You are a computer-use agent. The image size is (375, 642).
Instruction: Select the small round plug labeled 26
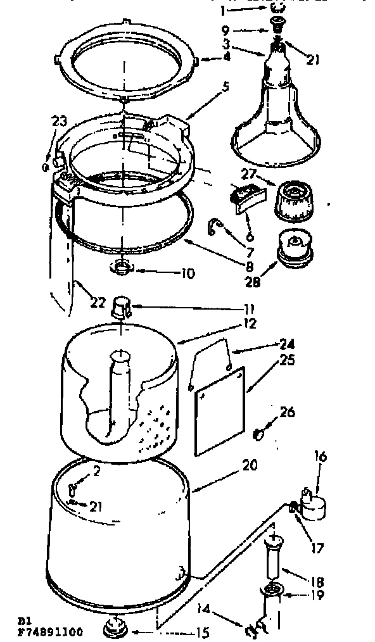(x=258, y=434)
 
